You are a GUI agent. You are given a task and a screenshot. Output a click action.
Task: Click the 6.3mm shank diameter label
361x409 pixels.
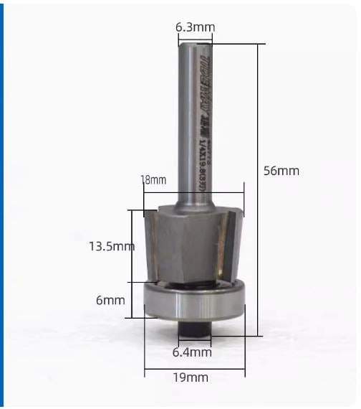pos(195,27)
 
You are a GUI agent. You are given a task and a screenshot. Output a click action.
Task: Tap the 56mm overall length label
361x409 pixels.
pos(280,171)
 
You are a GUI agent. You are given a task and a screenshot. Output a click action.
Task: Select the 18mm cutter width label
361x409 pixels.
pos(153,180)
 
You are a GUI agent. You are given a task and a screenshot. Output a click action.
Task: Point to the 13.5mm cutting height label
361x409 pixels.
pos(111,246)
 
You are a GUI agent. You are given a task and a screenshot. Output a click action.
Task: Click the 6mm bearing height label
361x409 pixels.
pos(110,300)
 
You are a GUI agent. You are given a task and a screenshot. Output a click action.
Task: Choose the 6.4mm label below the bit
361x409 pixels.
pos(193,352)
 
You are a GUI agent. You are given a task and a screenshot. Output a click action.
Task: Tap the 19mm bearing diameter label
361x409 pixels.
pos(193,377)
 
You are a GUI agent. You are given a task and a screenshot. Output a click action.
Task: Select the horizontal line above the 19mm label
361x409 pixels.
pos(194,372)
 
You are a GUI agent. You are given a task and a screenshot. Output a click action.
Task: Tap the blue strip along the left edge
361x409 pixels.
pos(2,204)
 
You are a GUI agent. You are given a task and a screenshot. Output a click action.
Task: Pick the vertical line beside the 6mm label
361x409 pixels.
pos(130,300)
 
